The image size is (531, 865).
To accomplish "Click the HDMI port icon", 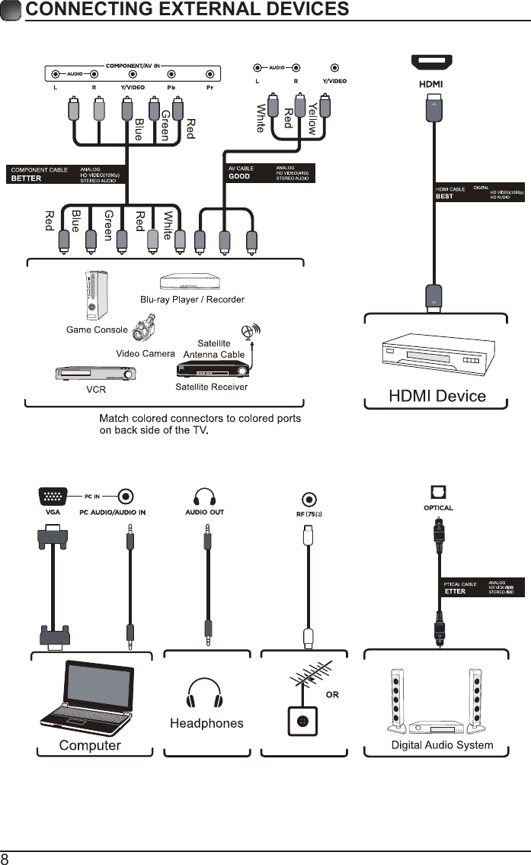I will pos(432,63).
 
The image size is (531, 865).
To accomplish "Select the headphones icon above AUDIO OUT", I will pos(205,497).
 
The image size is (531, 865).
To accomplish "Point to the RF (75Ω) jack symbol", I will pos(309,500).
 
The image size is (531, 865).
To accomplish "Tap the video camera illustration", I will pos(146,329).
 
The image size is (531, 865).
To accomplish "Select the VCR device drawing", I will pos(95,375).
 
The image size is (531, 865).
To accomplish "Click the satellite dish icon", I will pos(248,332).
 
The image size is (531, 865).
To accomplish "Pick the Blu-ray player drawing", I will pos(192,285).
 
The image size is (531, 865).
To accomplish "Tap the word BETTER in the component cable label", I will pos(27,178).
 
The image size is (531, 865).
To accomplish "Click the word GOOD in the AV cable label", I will pos(239,176).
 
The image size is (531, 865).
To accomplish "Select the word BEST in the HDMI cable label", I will pos(444,196).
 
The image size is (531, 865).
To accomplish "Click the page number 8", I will pos(5,858).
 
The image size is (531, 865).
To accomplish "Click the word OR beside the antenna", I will pos(332,694).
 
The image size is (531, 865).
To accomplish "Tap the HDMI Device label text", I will pos(437,396).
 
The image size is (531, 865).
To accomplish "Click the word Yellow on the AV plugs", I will pos(312,119).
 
